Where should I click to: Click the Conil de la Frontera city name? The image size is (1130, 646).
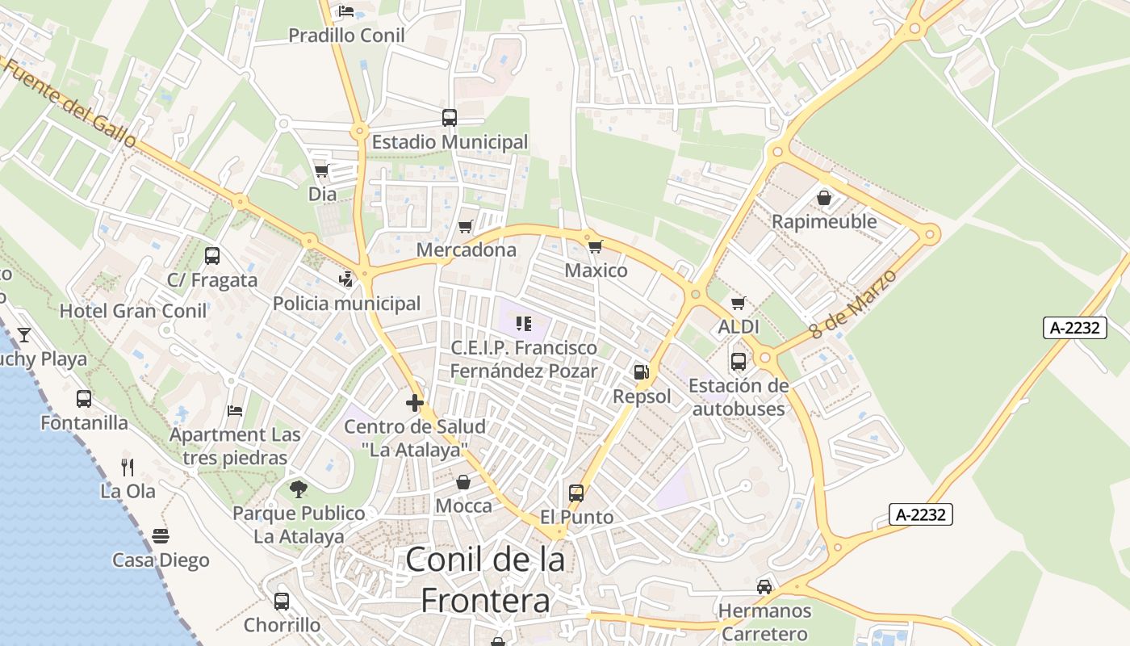click(x=485, y=580)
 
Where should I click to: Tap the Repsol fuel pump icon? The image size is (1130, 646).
click(x=642, y=372)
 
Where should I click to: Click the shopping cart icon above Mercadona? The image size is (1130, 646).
click(x=465, y=227)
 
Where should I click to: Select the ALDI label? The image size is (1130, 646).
click(x=739, y=327)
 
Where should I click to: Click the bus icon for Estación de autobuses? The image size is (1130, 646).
click(x=739, y=362)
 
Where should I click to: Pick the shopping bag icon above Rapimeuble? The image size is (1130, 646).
click(x=824, y=198)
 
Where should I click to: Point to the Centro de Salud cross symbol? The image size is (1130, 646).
click(x=415, y=403)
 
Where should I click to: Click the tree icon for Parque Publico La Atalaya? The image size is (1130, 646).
click(x=299, y=489)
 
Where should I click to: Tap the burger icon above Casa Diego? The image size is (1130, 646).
click(x=161, y=536)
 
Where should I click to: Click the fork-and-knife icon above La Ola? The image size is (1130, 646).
click(x=128, y=467)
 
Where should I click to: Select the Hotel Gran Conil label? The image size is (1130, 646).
click(x=133, y=311)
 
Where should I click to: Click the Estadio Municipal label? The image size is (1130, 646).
click(x=450, y=142)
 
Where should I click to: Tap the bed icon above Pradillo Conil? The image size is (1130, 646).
click(x=346, y=11)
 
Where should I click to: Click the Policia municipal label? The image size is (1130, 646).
click(x=347, y=304)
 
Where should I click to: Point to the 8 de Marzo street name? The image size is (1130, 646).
click(x=853, y=304)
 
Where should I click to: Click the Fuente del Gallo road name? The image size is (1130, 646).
click(x=70, y=103)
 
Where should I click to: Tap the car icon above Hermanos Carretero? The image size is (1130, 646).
click(x=764, y=586)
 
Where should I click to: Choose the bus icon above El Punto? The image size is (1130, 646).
click(x=576, y=493)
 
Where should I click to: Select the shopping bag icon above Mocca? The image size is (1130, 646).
click(x=463, y=482)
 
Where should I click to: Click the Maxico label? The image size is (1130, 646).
click(x=596, y=271)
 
